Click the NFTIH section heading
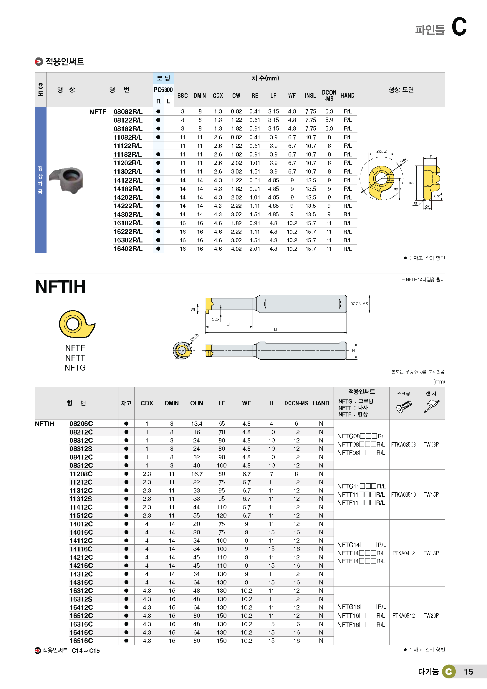(x=60, y=287)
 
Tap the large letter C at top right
(x=459, y=27)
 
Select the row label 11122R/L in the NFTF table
(x=128, y=146)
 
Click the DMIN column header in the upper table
(x=199, y=96)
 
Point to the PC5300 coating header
(x=163, y=90)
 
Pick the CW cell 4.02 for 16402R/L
(x=236, y=249)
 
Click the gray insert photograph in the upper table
(x=67, y=180)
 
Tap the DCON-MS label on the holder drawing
(x=359, y=304)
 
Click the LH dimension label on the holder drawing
(x=229, y=324)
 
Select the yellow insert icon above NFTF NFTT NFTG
(x=76, y=324)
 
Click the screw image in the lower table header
(x=404, y=407)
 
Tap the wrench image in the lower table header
(x=432, y=407)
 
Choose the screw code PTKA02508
(x=403, y=445)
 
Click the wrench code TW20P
(x=431, y=616)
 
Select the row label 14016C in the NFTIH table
(x=81, y=532)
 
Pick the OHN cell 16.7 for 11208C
(x=197, y=474)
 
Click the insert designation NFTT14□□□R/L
(x=361, y=553)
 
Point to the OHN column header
(x=197, y=403)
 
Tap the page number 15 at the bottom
(x=468, y=672)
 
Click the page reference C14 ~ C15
(x=86, y=651)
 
